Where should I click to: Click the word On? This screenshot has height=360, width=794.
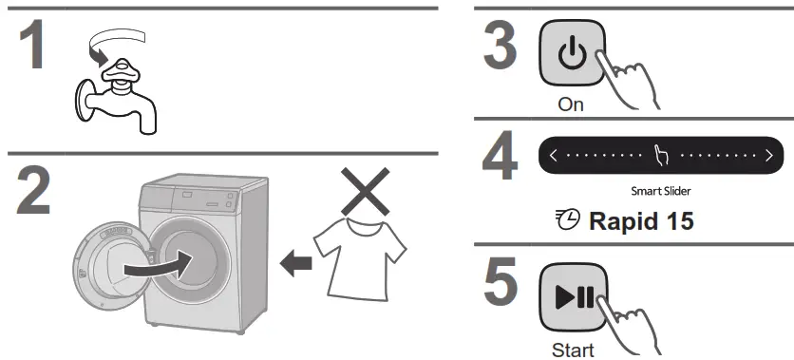coord(571,104)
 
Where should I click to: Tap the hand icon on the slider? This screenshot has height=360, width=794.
coord(662,154)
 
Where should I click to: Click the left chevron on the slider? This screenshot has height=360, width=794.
coord(553,154)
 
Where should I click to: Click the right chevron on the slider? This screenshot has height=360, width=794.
coord(768,154)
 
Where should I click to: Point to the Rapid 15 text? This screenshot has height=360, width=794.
coord(641,222)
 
